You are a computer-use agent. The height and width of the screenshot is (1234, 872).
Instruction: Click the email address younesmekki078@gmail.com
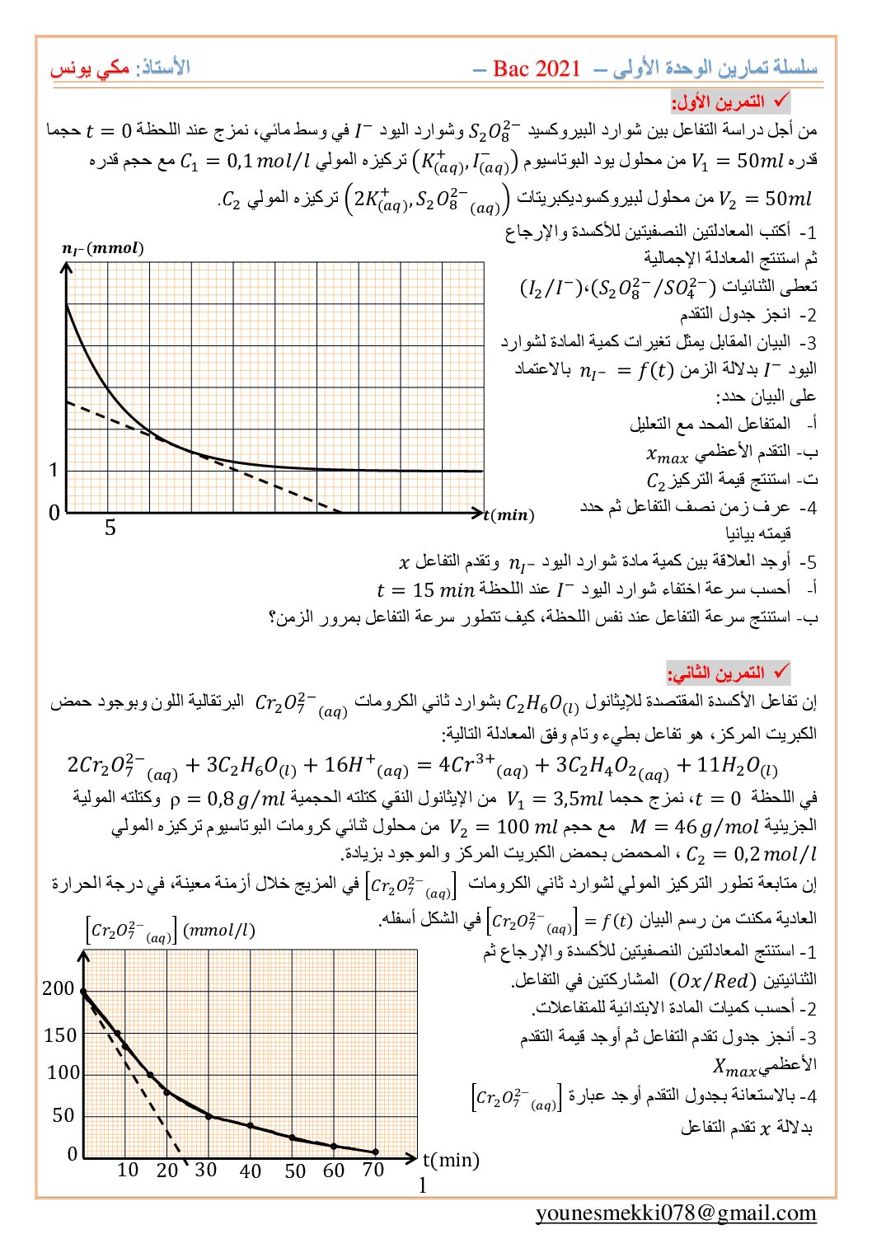[676, 1213]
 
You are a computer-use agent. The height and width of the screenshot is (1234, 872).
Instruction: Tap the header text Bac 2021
[537, 69]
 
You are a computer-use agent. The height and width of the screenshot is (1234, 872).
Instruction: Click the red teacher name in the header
[90, 69]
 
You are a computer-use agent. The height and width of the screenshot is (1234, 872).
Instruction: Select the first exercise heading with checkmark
[730, 102]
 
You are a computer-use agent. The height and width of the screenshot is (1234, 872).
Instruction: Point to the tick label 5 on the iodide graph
[110, 528]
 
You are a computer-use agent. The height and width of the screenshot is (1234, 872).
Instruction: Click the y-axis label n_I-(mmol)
[103, 248]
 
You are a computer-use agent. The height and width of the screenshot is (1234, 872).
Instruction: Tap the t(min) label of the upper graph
[509, 515]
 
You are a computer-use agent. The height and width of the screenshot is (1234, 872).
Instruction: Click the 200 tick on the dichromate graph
[59, 988]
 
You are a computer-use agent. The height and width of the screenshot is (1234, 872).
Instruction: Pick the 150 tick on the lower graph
[60, 1035]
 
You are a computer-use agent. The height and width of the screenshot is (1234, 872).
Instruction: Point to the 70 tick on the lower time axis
[373, 1170]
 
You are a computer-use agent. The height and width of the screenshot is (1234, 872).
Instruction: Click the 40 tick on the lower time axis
[251, 1171]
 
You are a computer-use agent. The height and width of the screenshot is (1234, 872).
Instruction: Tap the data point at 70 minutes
[376, 1152]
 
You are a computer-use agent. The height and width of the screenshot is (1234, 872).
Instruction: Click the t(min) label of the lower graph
[451, 1160]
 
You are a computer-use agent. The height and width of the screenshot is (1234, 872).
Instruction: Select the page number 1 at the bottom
[423, 1185]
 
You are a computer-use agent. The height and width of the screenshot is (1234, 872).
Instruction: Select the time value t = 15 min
[425, 590]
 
